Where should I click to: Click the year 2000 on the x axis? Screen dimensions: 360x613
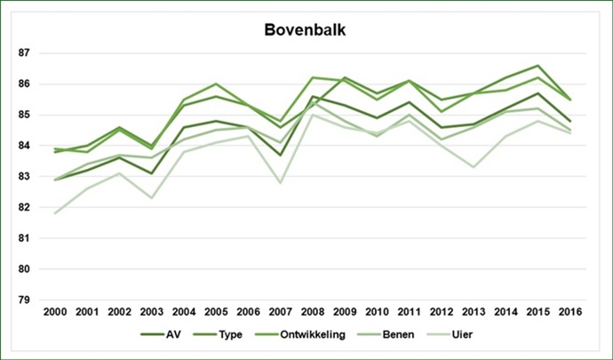56,312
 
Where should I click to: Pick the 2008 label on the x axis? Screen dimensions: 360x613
313,312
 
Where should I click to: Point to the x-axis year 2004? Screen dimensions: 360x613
185,312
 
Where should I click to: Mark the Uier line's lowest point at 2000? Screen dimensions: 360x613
56,213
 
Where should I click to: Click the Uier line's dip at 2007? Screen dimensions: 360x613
281,183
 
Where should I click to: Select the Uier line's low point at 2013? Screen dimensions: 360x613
473,167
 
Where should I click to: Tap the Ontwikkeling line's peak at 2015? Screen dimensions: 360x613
537,66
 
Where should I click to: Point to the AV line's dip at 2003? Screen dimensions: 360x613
153,173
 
